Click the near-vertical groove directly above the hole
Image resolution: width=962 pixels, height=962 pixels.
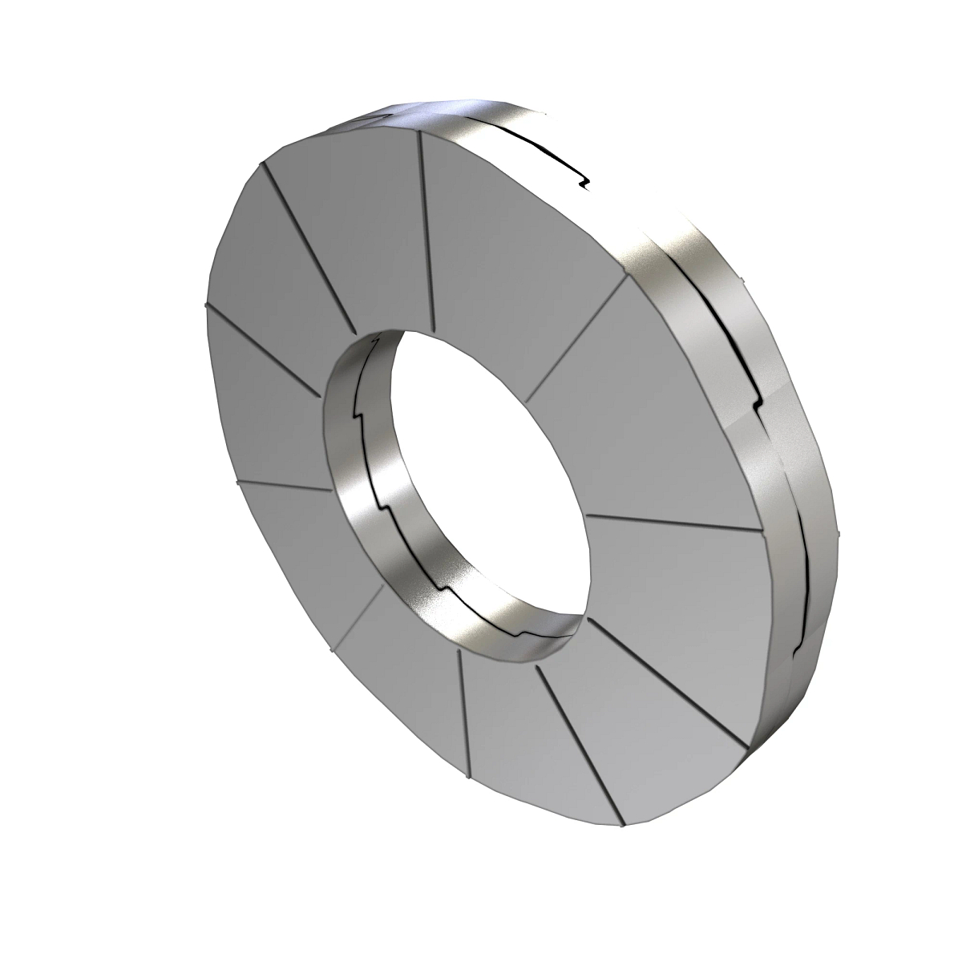[x=426, y=232]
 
